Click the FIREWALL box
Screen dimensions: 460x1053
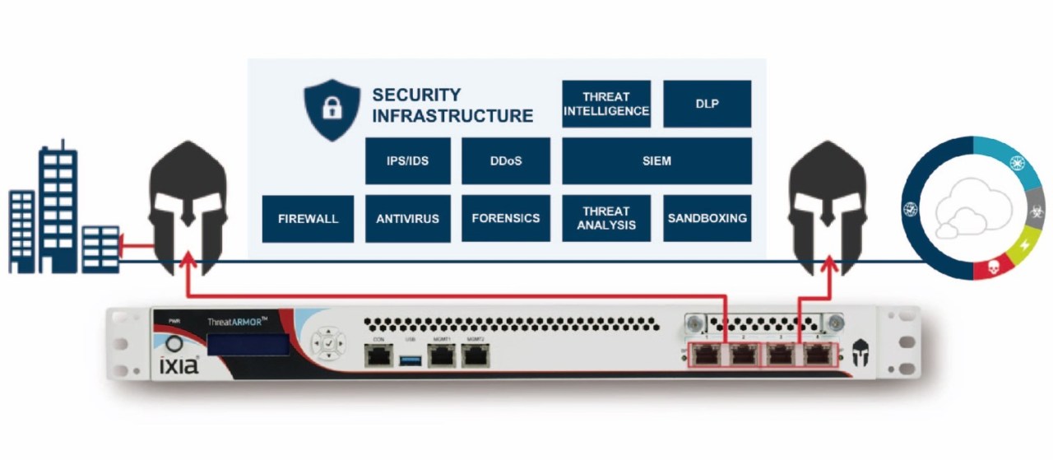(x=308, y=219)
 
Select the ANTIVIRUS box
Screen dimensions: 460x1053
(x=407, y=219)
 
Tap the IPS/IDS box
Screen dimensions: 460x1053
(x=407, y=161)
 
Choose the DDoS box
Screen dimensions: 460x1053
(x=505, y=161)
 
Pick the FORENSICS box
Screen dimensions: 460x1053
(x=505, y=219)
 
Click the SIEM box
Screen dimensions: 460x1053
(x=656, y=161)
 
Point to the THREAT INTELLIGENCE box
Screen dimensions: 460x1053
(x=606, y=104)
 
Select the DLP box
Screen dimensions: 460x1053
(x=707, y=104)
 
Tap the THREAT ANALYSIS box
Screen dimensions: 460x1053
(x=606, y=219)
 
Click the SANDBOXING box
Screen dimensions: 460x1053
(x=707, y=219)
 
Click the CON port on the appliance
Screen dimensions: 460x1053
(x=378, y=355)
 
